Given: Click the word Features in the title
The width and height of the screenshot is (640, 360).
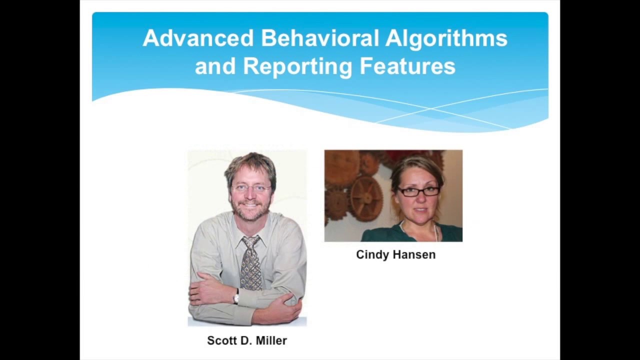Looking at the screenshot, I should tap(407, 66).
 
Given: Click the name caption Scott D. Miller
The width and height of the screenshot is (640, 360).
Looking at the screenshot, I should tap(247, 340).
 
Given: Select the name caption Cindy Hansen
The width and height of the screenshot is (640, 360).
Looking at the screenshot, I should tap(395, 254).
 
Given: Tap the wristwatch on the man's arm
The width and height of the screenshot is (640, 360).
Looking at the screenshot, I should tap(236, 297).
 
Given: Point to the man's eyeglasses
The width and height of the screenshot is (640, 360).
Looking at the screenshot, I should tap(251, 188).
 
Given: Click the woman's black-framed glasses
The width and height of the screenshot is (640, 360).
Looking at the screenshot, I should tap(418, 191).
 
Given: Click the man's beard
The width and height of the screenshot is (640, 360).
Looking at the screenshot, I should tap(250, 212).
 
